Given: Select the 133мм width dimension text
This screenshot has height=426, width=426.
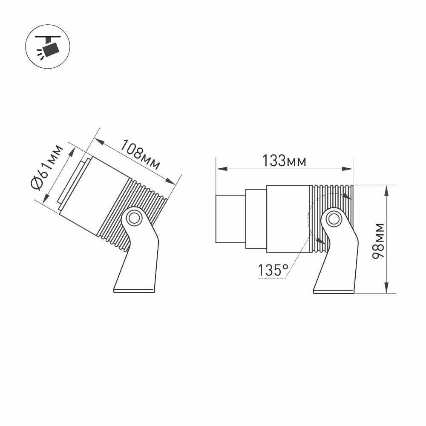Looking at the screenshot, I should pos(284,161).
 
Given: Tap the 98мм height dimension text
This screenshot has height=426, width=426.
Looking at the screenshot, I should pos(378,241).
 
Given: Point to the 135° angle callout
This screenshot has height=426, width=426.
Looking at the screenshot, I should pos(273,270).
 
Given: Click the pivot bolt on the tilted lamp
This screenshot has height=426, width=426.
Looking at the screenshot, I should pos(134,218).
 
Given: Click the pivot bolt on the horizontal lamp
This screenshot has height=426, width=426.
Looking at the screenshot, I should pos(333,219).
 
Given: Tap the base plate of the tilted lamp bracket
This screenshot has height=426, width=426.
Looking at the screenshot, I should pos(134,291).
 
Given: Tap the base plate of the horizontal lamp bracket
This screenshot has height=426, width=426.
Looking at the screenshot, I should pos(334,291).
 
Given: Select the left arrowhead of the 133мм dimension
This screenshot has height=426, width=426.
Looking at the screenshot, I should pos(220,169).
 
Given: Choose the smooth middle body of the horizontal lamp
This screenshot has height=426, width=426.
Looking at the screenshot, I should pos(288,219).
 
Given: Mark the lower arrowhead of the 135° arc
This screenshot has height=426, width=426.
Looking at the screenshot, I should pos(320,242).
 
